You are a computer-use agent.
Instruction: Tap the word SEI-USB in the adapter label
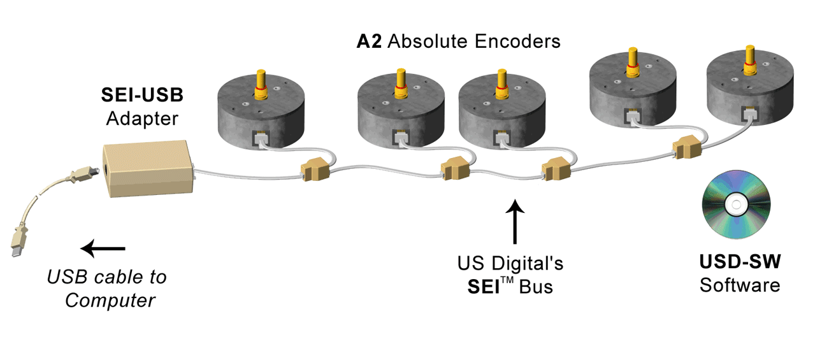tap(142, 96)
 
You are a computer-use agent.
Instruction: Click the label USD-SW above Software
tap(739, 263)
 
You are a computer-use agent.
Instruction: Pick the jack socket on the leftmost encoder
tap(261, 138)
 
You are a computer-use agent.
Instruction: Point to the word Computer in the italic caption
tap(110, 299)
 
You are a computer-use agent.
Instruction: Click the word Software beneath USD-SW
tap(739, 285)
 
